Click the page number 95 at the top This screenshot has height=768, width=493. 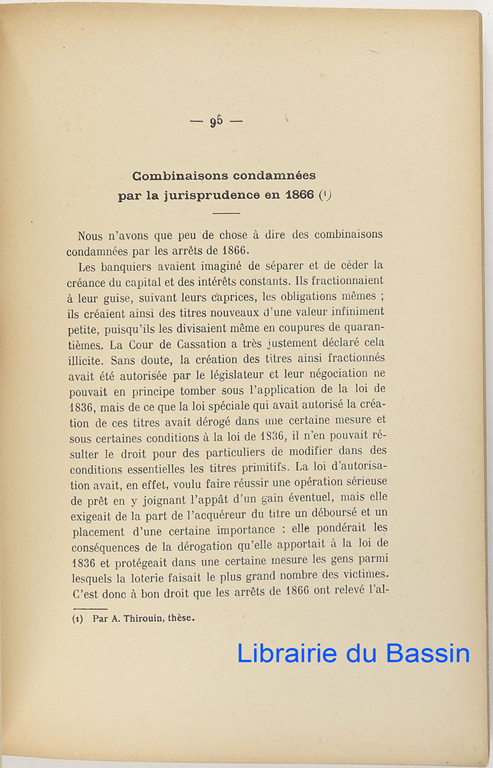point(216,121)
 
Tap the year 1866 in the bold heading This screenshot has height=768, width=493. point(298,196)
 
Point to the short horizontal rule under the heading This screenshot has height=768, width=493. point(226,213)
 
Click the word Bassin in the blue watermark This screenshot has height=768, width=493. point(428,653)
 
